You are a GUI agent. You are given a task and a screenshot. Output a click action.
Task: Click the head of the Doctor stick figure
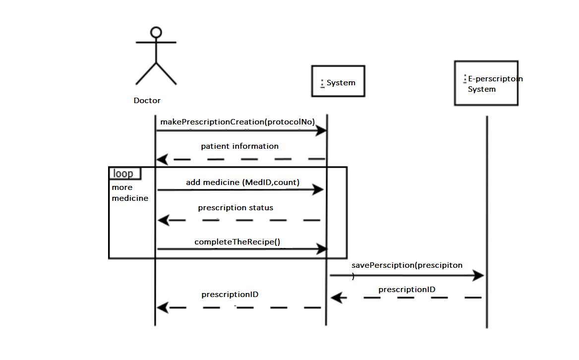[x=156, y=33]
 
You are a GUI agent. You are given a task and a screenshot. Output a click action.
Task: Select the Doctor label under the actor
[x=147, y=101]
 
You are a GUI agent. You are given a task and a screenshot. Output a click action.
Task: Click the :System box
[x=338, y=81]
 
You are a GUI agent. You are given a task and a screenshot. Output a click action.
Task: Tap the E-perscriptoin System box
[x=486, y=83]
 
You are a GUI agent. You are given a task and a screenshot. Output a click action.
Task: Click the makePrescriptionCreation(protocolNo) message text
[x=237, y=122]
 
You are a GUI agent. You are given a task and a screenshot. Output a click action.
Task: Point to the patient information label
[x=239, y=146]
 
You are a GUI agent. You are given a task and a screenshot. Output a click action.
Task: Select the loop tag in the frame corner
[x=124, y=174]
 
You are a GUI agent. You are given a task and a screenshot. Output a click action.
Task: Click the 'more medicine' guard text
[x=129, y=193]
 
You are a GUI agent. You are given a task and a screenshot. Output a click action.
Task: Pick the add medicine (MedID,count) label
[x=242, y=182]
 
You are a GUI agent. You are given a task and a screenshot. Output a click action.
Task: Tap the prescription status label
[x=235, y=208]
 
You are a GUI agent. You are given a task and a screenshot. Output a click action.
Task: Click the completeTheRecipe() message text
[x=237, y=242]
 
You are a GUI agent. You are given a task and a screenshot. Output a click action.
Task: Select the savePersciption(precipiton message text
[x=406, y=265]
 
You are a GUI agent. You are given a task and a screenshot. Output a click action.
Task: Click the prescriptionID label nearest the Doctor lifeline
[x=230, y=295]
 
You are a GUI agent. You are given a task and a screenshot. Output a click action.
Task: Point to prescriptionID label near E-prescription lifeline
[x=406, y=290]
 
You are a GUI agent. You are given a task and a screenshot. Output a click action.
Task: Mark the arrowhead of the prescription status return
[x=163, y=220]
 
